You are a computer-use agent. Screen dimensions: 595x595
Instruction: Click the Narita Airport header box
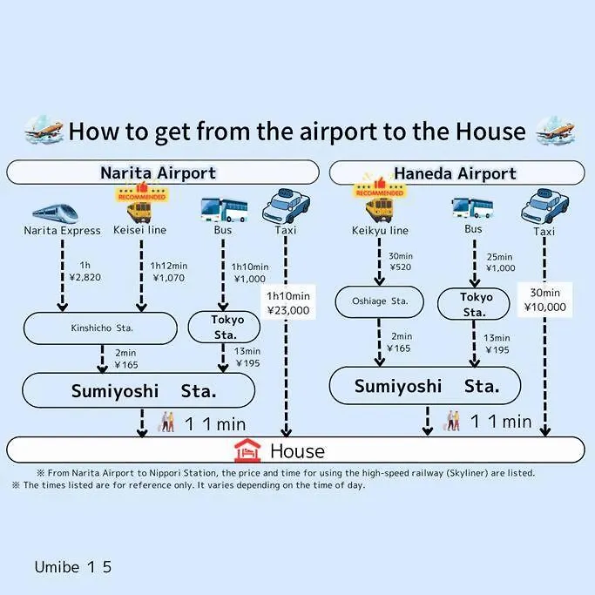tap(163, 172)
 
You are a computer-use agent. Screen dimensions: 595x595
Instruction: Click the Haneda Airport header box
tap(456, 173)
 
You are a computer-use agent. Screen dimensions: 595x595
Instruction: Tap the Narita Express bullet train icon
tap(56, 213)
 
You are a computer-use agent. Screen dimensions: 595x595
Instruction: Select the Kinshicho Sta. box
tap(100, 328)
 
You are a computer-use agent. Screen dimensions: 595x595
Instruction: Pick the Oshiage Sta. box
tap(380, 301)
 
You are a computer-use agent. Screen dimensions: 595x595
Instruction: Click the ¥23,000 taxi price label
tap(288, 310)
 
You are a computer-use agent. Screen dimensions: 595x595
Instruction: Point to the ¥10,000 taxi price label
tap(545, 307)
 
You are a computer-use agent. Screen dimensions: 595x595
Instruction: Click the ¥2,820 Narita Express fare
tap(85, 277)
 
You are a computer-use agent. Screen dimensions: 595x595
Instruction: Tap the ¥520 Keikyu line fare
tap(401, 267)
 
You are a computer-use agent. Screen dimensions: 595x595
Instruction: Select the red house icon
tap(247, 450)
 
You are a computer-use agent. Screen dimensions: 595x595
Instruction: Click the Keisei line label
tap(139, 230)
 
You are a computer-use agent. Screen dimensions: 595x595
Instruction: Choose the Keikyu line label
tap(380, 231)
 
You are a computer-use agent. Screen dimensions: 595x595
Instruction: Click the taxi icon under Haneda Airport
tap(545, 206)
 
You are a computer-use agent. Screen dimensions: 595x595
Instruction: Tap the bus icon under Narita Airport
tap(224, 210)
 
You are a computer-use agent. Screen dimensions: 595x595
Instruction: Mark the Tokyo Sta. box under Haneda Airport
tap(474, 304)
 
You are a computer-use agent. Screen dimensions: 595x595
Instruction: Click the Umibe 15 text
tap(73, 567)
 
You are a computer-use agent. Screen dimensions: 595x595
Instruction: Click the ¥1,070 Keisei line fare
tap(169, 278)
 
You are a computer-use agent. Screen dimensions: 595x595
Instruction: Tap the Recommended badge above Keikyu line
tap(380, 188)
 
